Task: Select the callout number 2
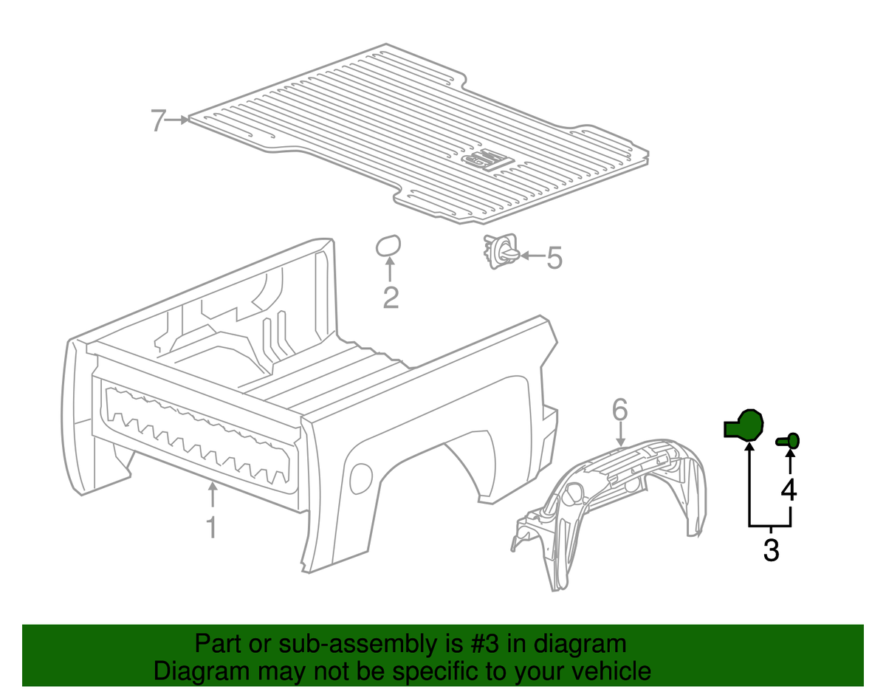coord(391,298)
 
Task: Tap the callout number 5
coord(554,258)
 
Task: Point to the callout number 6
coord(619,408)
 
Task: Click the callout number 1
coord(211,527)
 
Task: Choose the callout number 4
coord(789,490)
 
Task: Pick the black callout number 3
coord(771,550)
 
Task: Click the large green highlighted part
coord(744,426)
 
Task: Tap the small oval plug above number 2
coord(388,246)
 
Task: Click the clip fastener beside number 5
coord(500,252)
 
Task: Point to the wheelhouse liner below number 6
coord(613,502)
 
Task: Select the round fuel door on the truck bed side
coord(362,476)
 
